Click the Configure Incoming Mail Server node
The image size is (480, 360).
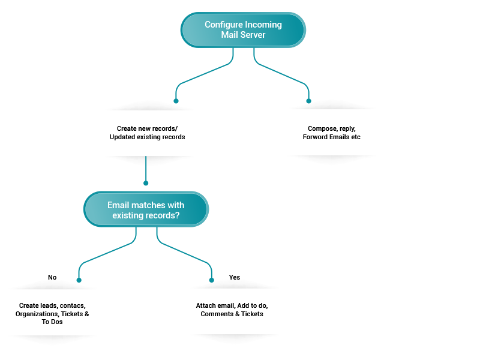243,29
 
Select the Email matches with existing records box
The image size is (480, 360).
146,209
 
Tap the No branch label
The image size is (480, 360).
52,277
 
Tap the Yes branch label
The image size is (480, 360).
235,277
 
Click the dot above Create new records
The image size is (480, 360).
176,101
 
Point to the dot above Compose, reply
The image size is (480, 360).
308,101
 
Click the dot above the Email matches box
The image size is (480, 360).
146,183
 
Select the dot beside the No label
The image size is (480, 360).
79,280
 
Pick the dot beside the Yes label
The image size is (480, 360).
212,280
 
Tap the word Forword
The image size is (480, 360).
314,137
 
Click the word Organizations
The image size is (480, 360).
37,314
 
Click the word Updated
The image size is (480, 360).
122,137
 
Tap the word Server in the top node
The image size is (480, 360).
253,35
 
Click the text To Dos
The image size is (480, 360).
52,322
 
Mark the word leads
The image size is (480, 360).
50,305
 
